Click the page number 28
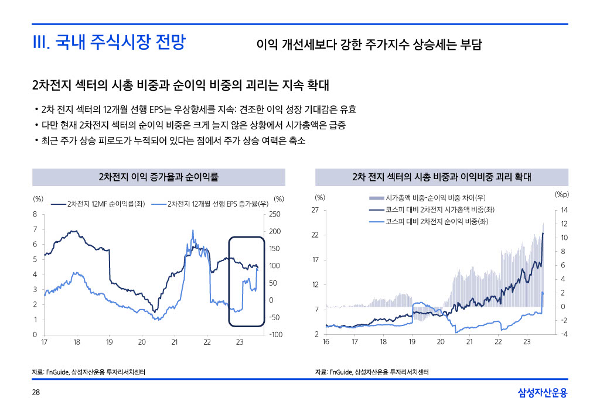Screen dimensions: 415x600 coord(35,392)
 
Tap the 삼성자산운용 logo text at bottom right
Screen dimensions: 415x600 coord(543,393)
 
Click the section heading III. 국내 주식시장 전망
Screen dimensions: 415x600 coord(108,42)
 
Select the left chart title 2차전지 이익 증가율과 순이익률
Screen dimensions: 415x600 coord(158,177)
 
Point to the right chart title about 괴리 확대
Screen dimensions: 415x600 coord(441,177)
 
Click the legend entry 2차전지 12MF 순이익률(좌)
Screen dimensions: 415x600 coord(106,204)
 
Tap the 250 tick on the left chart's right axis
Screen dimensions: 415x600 coord(275,215)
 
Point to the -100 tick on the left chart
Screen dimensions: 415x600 coord(275,334)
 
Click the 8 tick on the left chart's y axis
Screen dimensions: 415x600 coord(35,214)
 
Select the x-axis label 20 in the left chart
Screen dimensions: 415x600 coord(142,342)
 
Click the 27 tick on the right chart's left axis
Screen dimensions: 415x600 coord(315,210)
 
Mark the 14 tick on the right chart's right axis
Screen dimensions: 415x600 coord(564,210)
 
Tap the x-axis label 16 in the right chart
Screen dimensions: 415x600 coord(326,342)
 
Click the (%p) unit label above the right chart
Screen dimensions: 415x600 coord(562,194)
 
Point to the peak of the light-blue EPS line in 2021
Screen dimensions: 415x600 coord(193,231)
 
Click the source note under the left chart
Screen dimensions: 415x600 coord(88,372)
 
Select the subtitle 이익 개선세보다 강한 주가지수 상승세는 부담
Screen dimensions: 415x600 coord(369,44)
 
